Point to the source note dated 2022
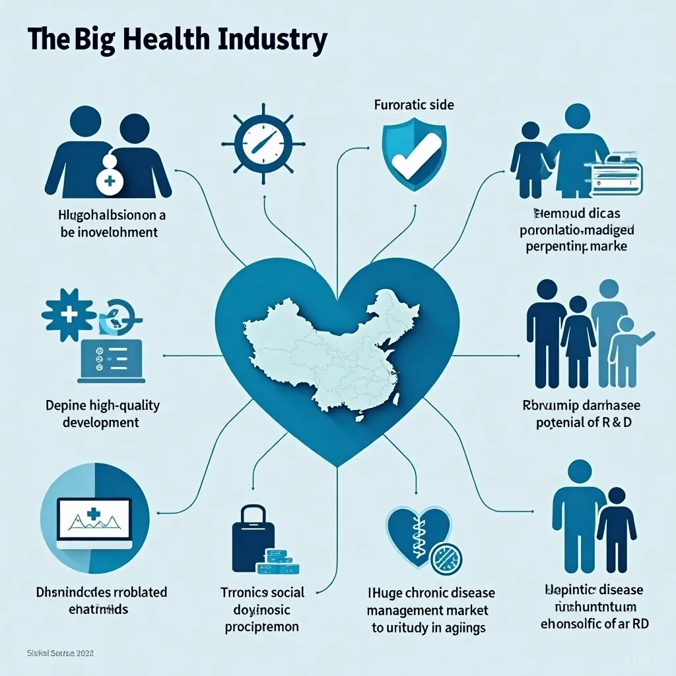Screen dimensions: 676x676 click(61, 654)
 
